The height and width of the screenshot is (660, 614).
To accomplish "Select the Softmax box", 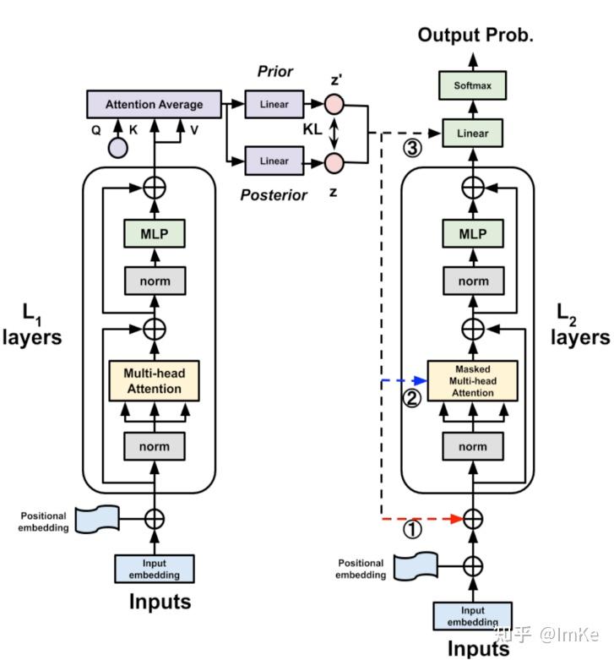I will [x=472, y=85].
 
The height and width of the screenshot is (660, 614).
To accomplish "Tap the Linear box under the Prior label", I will [x=274, y=105].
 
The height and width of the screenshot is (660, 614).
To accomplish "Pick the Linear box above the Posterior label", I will [x=274, y=161].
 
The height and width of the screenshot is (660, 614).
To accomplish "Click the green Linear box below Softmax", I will [x=472, y=134].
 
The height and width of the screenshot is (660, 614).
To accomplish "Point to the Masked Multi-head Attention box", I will [x=472, y=381].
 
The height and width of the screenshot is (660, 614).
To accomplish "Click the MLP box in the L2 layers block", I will [x=472, y=234].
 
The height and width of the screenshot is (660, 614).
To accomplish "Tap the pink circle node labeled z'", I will [x=335, y=105].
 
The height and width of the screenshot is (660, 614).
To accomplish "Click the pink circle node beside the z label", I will [x=335, y=161].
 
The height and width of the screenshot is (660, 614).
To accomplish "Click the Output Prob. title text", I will [x=475, y=35].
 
